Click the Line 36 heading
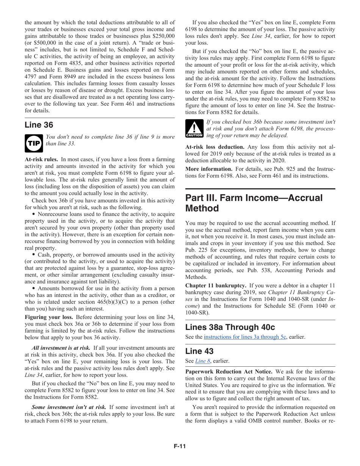pyautogui.click(x=39, y=125)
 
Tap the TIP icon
pyautogui.click(x=34, y=143)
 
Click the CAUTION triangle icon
pyautogui.click(x=194, y=128)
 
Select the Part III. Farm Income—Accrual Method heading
pyautogui.click(x=254, y=203)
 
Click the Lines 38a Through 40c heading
pyautogui.click(x=230, y=327)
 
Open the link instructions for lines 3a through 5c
pyautogui.click(x=245, y=337)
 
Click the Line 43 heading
pyautogui.click(x=200, y=351)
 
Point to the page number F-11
pyautogui.click(x=180, y=446)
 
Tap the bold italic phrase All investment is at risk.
pyautogui.click(x=61, y=348)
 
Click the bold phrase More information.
pyautogui.click(x=208, y=169)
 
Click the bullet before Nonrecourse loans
pyautogui.click(x=34, y=214)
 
